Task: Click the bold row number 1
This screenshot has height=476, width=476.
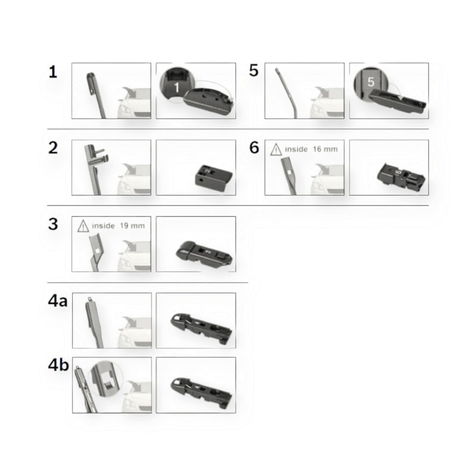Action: coord(53,72)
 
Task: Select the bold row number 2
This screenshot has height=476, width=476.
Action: coord(53,148)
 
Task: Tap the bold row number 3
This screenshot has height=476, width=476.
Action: coord(53,224)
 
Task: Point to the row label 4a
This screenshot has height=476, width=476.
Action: coord(58,301)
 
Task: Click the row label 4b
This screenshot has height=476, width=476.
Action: coord(58,365)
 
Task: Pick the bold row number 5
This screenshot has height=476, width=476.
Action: coord(253,70)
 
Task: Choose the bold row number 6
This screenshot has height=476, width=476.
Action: coord(254,148)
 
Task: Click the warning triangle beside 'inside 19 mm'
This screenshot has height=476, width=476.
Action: coord(83,226)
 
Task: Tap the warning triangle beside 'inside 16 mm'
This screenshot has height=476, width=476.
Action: coord(276,150)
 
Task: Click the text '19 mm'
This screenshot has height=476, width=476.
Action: coord(132,226)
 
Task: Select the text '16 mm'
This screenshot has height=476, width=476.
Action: coord(325,149)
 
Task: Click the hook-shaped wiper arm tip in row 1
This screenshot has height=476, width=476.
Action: coord(91,83)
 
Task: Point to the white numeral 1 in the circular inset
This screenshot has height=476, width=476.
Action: coord(177,87)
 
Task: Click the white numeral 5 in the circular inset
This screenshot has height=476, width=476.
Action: coord(371,82)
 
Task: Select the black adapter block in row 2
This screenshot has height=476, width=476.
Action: coord(214,178)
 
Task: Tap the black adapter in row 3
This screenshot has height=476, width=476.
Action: coord(204,252)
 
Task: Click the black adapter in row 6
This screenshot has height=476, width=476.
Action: coord(400,176)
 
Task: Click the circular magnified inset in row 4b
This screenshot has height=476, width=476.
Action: coord(107,379)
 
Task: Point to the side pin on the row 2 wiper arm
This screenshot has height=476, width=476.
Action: coord(99,151)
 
